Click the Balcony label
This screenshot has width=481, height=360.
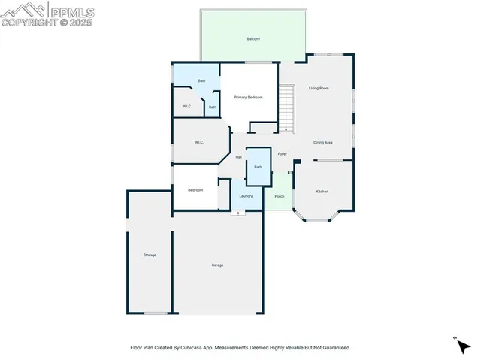(253, 38)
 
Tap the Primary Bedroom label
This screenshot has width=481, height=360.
(248, 97)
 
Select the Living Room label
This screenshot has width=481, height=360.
(319, 88)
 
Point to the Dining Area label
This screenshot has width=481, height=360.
(323, 142)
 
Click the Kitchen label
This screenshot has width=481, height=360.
(322, 192)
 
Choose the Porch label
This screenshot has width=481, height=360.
(279, 196)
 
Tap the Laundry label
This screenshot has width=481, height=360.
(246, 196)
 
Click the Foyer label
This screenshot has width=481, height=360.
(282, 154)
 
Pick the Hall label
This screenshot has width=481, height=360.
(238, 157)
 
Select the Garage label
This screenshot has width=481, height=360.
(217, 265)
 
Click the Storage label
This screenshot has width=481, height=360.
(150, 256)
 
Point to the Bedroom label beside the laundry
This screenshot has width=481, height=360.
(195, 190)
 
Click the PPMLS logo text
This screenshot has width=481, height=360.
(71, 11)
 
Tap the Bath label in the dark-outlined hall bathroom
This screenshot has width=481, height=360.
(258, 167)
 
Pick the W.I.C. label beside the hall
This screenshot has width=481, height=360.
(199, 142)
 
